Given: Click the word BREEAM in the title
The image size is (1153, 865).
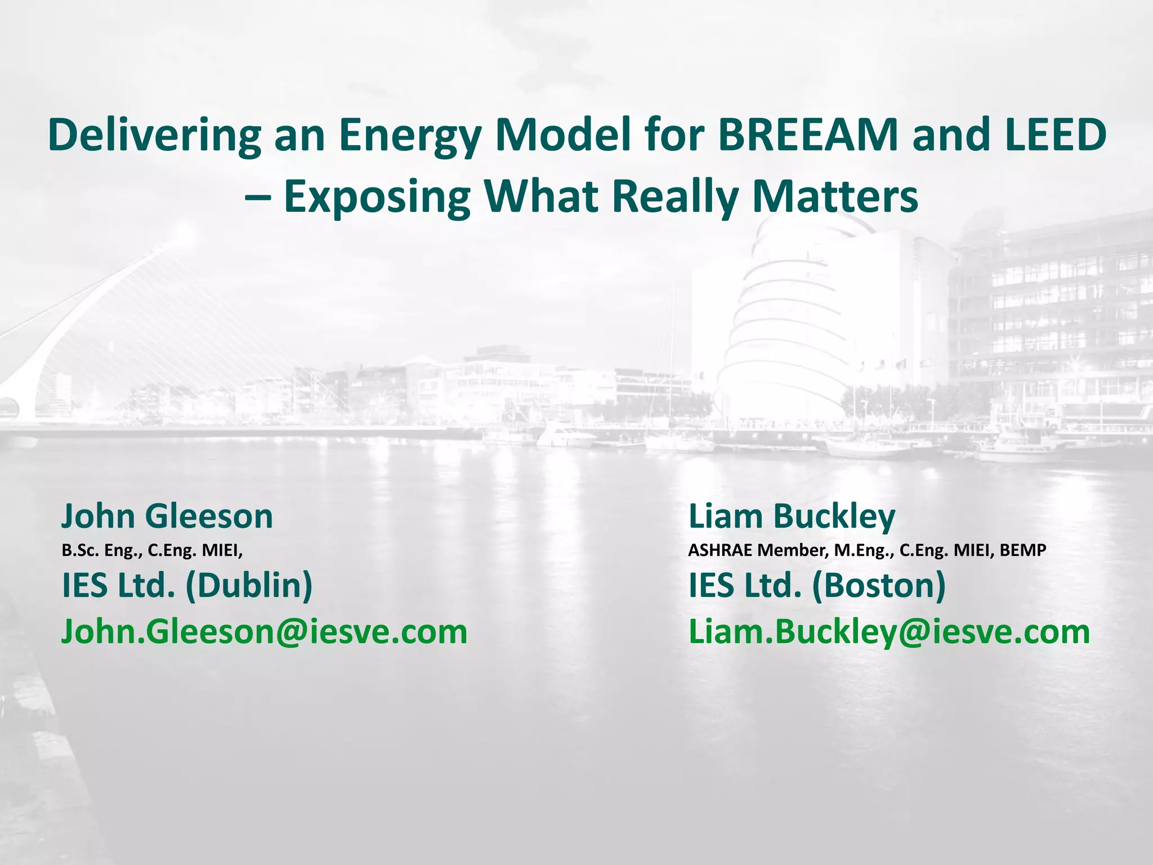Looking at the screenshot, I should point(809,135).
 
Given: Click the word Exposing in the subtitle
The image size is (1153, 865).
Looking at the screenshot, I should point(377,198).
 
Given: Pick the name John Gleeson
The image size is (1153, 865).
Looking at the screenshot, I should point(167,516).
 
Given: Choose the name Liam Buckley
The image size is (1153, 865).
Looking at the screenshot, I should point(792,516).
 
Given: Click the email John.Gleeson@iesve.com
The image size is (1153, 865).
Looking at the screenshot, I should point(264,632).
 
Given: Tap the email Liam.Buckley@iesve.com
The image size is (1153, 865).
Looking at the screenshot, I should point(890,632).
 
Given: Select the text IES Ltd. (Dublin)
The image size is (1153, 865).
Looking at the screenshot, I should point(187,586).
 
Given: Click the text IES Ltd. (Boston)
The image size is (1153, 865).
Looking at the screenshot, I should point(817,586).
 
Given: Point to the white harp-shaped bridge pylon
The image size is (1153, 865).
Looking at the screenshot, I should point(84,315).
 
